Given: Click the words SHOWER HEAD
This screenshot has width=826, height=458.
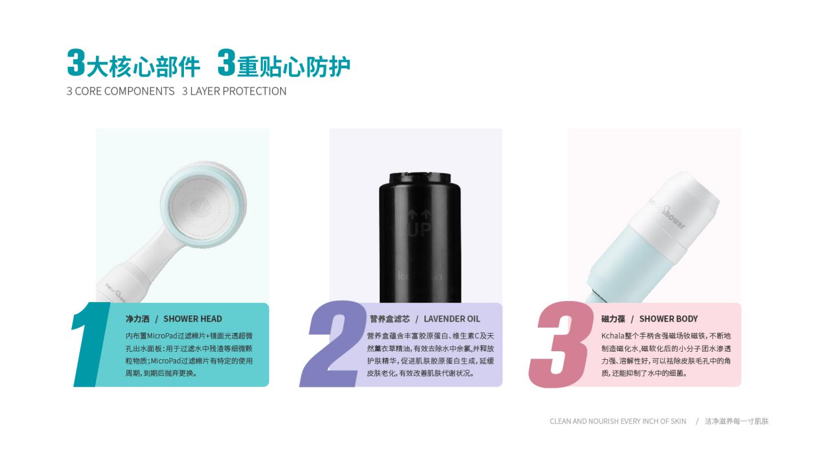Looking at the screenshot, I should [x=193, y=319].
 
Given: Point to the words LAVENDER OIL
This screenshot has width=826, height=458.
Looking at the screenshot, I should [x=452, y=319].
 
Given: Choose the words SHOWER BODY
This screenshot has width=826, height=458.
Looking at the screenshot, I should [x=668, y=319].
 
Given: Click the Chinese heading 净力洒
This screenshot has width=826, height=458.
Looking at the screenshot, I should [x=138, y=319].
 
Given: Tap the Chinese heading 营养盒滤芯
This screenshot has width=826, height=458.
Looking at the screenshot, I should [x=390, y=319].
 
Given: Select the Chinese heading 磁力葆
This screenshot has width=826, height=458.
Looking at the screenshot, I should [x=613, y=319].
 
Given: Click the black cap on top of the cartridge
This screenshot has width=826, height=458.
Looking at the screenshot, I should [x=420, y=178].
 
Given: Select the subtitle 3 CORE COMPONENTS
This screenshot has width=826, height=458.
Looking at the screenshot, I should [x=121, y=91].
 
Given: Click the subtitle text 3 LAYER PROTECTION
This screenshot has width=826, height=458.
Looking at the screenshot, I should [x=234, y=91].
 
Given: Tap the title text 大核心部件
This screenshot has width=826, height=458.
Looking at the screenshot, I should [x=143, y=67].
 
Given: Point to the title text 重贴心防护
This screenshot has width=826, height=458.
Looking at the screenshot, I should [x=294, y=67].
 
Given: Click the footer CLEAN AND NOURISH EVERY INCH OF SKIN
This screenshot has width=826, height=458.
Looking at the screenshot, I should [x=618, y=421].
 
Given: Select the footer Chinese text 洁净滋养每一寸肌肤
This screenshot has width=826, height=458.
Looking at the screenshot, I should [x=737, y=421].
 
